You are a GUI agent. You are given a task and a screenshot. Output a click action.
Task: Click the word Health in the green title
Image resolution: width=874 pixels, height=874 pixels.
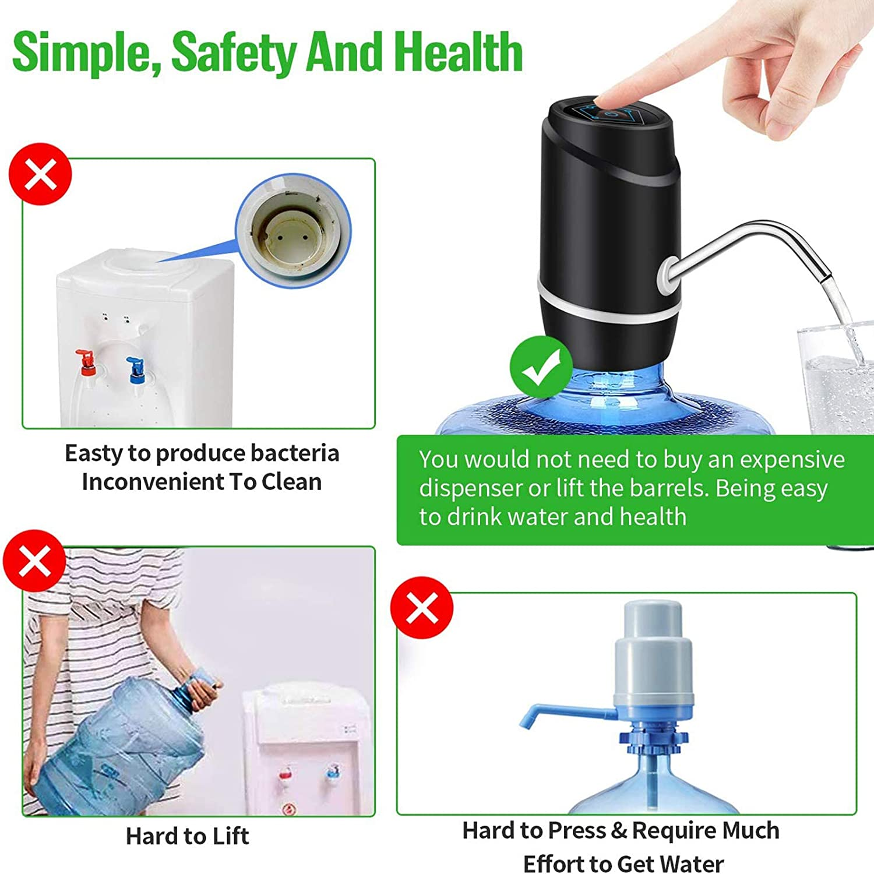tap(458, 52)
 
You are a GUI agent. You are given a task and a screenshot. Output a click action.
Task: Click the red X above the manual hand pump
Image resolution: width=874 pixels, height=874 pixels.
tap(422, 608)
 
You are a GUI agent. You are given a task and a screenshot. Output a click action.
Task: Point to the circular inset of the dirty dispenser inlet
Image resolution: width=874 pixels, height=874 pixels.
tap(293, 230)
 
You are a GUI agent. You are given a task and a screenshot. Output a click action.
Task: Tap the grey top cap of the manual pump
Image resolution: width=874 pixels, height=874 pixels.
tap(653, 621)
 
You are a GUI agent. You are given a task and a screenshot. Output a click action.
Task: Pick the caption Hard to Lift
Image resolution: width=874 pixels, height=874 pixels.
tap(187, 837)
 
